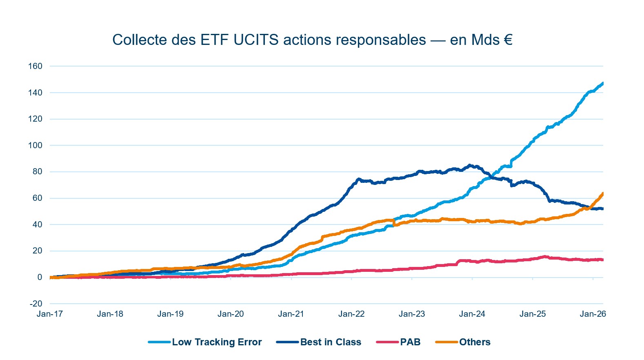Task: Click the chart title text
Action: click(x=312, y=40)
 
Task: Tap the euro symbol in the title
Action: click(x=508, y=40)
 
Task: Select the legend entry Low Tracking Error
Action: click(x=216, y=342)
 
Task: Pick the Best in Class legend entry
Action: click(x=331, y=342)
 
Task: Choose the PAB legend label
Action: click(x=410, y=342)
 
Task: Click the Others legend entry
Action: click(x=474, y=342)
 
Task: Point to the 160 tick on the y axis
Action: click(x=35, y=66)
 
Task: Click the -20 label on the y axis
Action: click(x=36, y=304)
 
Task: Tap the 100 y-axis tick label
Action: click(x=35, y=145)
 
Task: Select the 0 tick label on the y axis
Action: click(x=40, y=277)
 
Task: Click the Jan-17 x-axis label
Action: click(x=50, y=314)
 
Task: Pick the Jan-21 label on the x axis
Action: click(x=291, y=314)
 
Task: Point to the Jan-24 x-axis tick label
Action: click(x=472, y=314)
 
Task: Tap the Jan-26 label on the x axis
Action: click(x=593, y=314)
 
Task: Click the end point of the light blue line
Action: click(x=603, y=83)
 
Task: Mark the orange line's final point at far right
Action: click(x=603, y=193)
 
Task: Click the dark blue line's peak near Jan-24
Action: click(x=470, y=165)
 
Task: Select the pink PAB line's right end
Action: click(x=603, y=260)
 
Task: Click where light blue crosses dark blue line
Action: click(x=491, y=176)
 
